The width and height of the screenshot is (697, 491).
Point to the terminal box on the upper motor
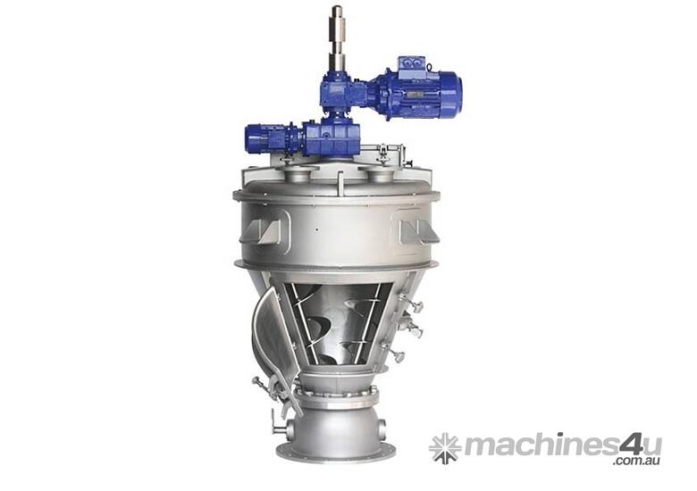click(412, 66)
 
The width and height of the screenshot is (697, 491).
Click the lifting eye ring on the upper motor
click(430, 67)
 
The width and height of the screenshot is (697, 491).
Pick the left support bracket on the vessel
click(263, 231)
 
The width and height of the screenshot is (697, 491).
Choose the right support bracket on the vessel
click(419, 231)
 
